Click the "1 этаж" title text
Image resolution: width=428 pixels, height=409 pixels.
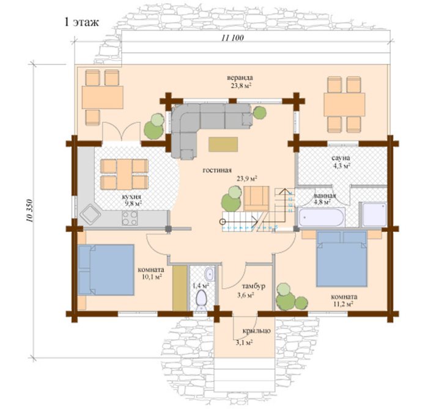[x=81, y=22]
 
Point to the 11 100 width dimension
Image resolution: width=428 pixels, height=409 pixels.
[x=232, y=38]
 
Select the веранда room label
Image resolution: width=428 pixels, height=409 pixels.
[x=240, y=78]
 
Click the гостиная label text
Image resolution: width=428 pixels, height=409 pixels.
[x=217, y=170]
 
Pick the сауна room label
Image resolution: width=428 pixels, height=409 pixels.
[x=341, y=158]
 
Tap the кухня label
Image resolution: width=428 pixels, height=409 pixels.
[x=131, y=197]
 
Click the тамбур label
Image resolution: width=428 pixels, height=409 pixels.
[x=254, y=286]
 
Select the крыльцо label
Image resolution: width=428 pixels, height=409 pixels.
[x=257, y=331]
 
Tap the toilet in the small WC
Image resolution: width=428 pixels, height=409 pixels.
[x=202, y=300]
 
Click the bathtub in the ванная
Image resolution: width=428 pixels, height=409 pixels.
[x=321, y=217]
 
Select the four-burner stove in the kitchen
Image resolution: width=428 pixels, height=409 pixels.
[x=130, y=218]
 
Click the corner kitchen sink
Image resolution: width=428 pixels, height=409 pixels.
[x=90, y=215]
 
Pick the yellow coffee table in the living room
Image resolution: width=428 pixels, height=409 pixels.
[x=223, y=144]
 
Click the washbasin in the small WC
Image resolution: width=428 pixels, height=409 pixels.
[x=209, y=274]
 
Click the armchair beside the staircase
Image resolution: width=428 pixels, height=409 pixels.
[x=256, y=198]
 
